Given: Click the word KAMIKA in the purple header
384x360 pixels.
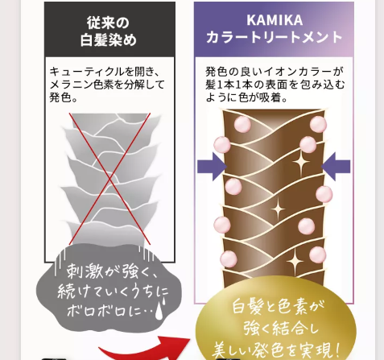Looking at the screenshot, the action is tap(275, 20).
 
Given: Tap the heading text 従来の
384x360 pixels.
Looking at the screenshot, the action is tap(108, 23).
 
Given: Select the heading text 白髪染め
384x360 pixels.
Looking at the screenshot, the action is tap(109, 40).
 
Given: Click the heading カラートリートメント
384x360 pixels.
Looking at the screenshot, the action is tap(274, 37).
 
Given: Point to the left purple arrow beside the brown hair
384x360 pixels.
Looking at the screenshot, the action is tap(212, 167).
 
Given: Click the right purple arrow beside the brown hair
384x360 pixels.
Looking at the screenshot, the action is tap(336, 167).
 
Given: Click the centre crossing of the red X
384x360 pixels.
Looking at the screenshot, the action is tap(109, 178).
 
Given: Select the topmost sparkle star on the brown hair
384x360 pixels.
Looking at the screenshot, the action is tap(301, 163).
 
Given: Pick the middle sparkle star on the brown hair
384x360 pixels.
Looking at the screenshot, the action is tap(278, 209).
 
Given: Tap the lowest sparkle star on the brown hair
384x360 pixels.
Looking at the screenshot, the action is tap(295, 261).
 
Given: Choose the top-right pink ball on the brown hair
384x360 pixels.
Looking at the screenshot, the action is tap(318, 124).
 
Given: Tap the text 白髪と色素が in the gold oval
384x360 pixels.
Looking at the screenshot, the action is tap(279, 307).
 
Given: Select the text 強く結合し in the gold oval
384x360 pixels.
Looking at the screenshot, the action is tap(281, 328).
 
